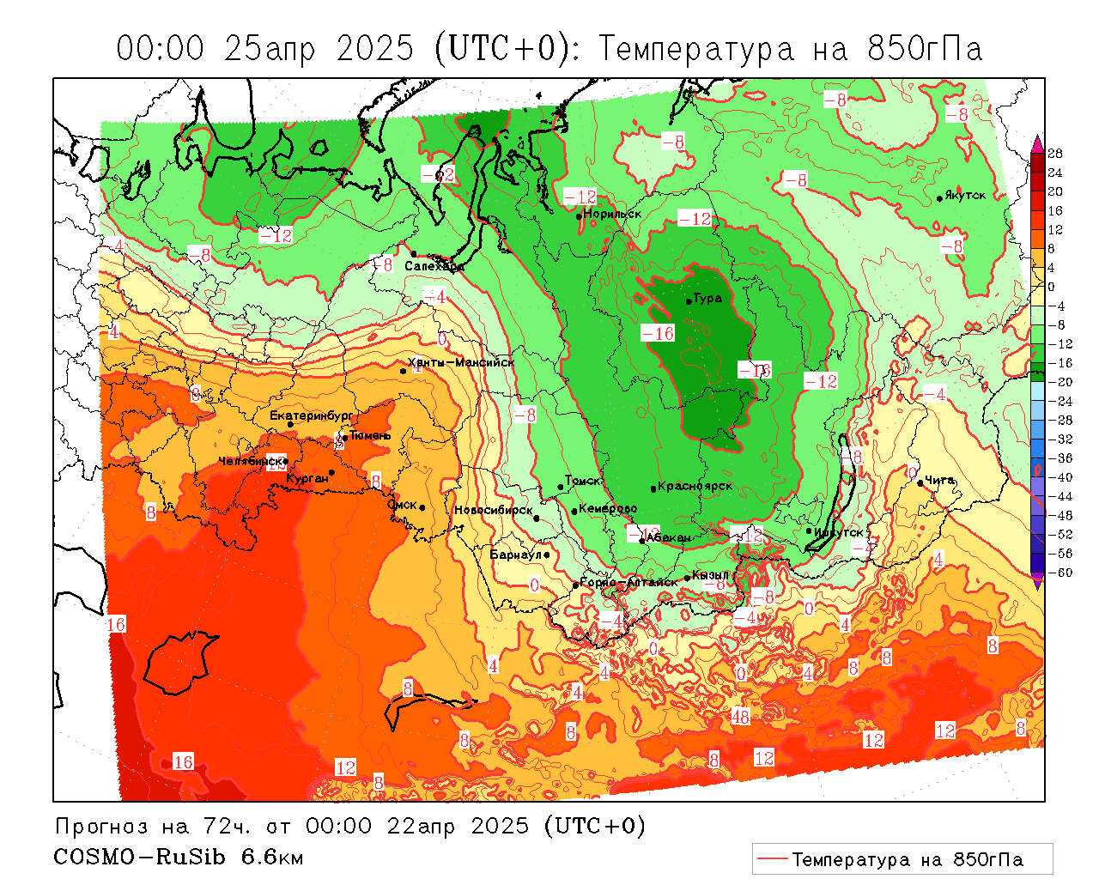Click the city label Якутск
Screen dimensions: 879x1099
click(965, 195)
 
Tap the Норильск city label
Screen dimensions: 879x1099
click(612, 214)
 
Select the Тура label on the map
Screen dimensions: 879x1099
click(707, 299)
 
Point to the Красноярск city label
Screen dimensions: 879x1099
click(695, 486)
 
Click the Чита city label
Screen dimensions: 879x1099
click(940, 480)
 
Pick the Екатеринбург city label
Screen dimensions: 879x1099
click(311, 415)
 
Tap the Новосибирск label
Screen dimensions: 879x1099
click(493, 510)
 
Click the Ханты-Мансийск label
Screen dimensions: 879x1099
click(462, 362)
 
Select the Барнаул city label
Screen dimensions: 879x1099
click(515, 555)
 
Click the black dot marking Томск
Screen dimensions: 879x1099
click(561, 487)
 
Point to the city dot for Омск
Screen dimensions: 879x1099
click(422, 508)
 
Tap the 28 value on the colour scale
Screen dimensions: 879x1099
click(1055, 154)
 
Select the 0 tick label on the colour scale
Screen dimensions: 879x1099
click(1052, 287)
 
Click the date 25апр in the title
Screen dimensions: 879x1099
click(269, 49)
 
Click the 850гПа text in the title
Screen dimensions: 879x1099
click(924, 49)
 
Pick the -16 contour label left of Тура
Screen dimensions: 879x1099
click(658, 333)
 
